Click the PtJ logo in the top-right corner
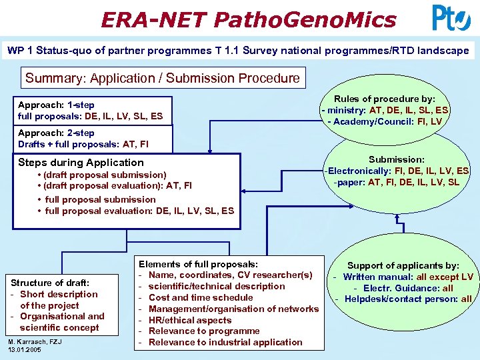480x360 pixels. pos(451,18)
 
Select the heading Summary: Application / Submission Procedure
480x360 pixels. pos(163,78)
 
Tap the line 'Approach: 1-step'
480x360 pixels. pos(57,105)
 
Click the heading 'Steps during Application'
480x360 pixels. pos(81,163)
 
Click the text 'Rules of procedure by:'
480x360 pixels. pos(385,99)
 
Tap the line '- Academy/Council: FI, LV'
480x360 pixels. pos(385,121)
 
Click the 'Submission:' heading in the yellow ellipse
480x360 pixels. pos(397,159)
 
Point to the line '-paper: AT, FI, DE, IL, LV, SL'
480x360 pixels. pos(397,182)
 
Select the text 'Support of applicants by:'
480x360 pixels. pos(403,265)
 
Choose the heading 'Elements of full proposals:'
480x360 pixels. pos(198,265)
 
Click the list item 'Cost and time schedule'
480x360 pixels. pos(201,297)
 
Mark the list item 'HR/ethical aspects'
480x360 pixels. pos(190,320)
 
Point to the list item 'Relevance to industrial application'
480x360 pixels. pos(225,342)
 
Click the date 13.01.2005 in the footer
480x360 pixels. pos(24,349)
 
